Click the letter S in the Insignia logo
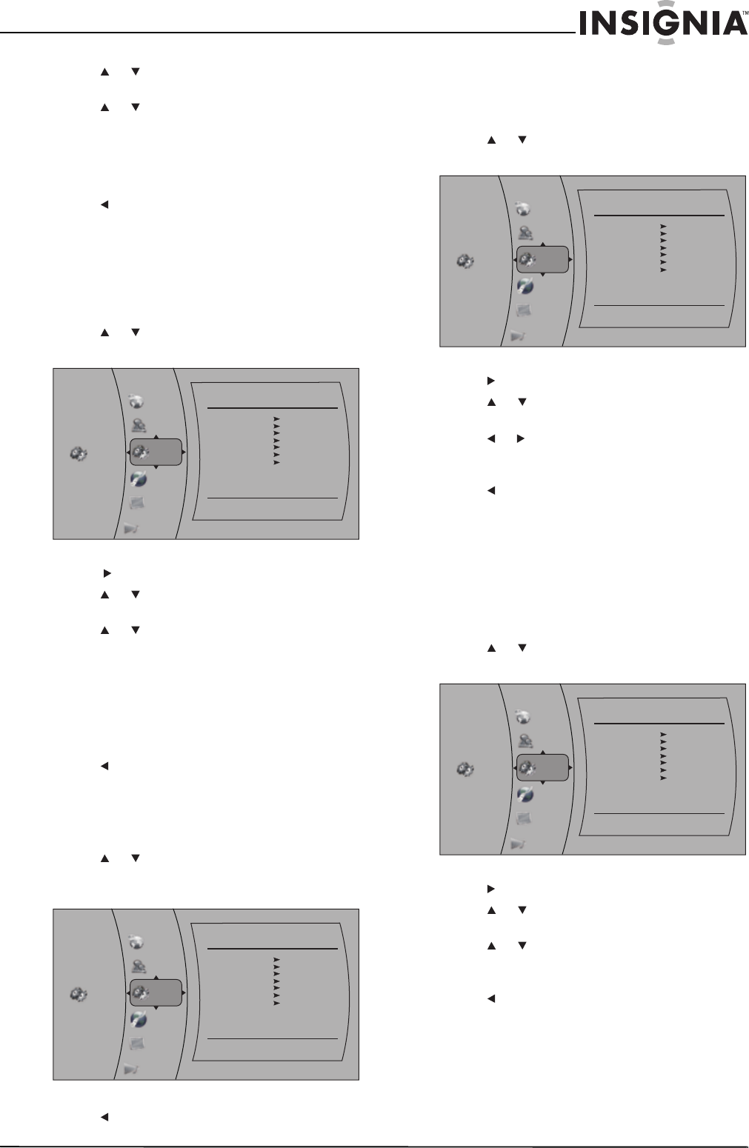623,24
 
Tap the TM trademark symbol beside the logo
745,13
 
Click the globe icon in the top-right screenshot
522,209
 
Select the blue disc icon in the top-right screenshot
525,285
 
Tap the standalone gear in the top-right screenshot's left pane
465,261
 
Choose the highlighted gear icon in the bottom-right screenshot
527,768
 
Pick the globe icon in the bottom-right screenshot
522,716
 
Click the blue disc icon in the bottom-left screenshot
139,1019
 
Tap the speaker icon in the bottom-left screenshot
130,1069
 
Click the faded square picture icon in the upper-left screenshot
136,503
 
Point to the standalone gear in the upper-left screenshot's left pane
79,453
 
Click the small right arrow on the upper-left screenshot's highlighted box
184,452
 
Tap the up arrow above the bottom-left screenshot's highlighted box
156,978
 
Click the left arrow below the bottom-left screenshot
104,1117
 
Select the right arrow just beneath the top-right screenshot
490,381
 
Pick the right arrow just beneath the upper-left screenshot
107,573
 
